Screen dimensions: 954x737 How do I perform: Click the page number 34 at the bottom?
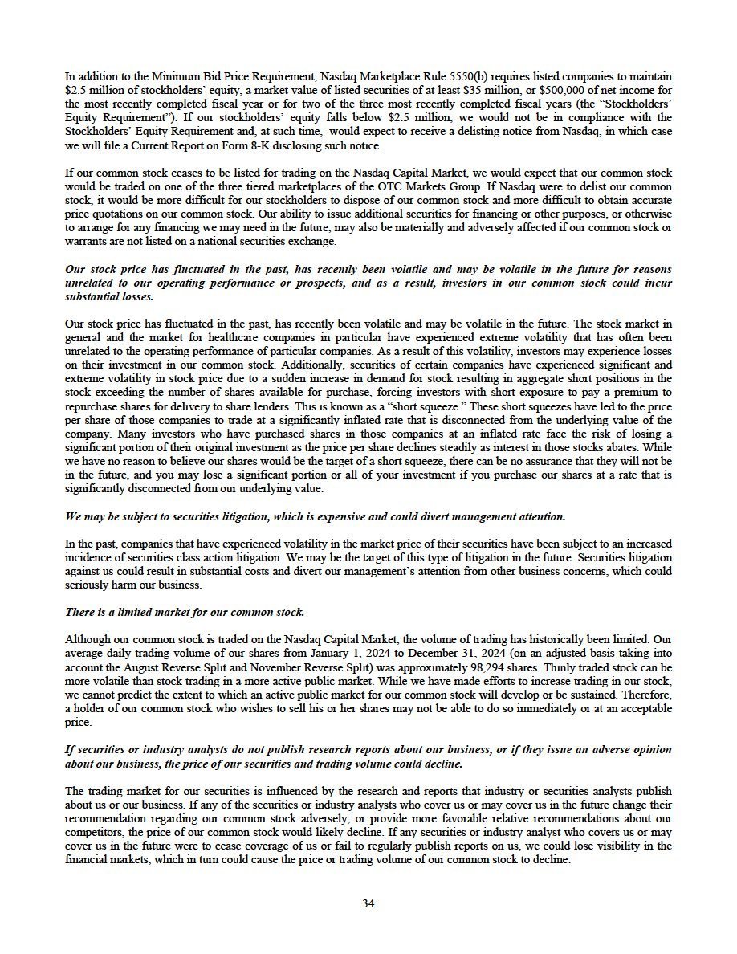(x=368, y=903)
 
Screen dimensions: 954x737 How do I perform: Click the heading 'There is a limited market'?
(x=185, y=612)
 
